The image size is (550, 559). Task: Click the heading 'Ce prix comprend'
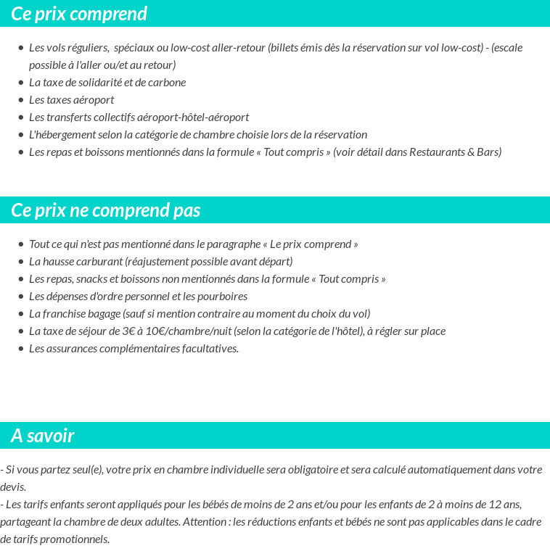(79, 14)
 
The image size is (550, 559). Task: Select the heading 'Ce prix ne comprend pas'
(106, 210)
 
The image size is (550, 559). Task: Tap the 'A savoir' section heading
(43, 436)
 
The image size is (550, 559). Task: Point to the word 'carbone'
(167, 83)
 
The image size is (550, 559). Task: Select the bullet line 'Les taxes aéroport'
(71, 100)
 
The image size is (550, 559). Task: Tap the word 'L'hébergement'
(59, 135)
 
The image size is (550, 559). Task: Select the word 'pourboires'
(222, 297)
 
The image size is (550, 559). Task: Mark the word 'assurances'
(70, 349)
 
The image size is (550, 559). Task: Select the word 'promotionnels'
(76, 539)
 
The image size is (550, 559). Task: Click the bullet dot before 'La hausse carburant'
(21, 262)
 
